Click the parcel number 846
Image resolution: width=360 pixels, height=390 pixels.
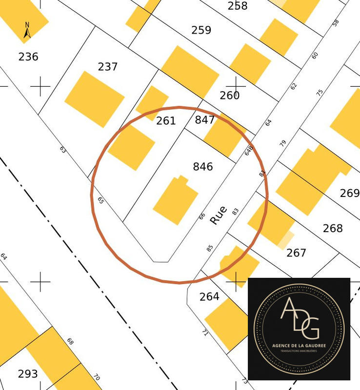pyautogui.click(x=203, y=167)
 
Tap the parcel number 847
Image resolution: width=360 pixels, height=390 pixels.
pyautogui.click(x=205, y=120)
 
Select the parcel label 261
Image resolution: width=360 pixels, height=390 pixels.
pyautogui.click(x=166, y=120)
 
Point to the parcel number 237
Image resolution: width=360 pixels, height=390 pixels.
pyautogui.click(x=107, y=66)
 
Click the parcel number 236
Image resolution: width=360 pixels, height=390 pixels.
pyautogui.click(x=28, y=57)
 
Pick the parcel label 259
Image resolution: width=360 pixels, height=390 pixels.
pyautogui.click(x=201, y=30)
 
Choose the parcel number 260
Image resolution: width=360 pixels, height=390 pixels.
pyautogui.click(x=229, y=95)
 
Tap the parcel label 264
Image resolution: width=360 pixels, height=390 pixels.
pyautogui.click(x=209, y=296)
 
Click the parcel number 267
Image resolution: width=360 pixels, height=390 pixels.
pyautogui.click(x=296, y=253)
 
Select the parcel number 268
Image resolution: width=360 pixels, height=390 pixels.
pyautogui.click(x=333, y=228)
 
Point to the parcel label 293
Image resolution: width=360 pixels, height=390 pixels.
pyautogui.click(x=28, y=374)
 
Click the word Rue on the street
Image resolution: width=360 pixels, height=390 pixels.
pyautogui.click(x=218, y=215)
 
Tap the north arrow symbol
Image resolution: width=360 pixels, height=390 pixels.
pyautogui.click(x=27, y=30)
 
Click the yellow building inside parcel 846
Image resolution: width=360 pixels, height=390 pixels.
pyautogui.click(x=175, y=200)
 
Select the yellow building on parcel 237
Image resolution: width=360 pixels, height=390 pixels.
pyautogui.click(x=95, y=99)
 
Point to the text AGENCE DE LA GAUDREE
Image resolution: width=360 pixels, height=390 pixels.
pyautogui.click(x=299, y=346)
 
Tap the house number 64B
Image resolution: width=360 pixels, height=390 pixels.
pyautogui.click(x=249, y=150)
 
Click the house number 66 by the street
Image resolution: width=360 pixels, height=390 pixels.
pyautogui.click(x=202, y=216)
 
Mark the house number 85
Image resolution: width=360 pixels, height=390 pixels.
pyautogui.click(x=210, y=248)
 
